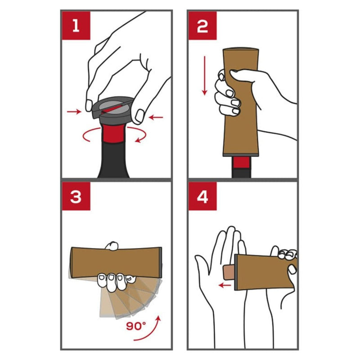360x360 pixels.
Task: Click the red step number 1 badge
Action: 76,26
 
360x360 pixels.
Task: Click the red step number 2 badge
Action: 202,26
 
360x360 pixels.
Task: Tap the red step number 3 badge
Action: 76,196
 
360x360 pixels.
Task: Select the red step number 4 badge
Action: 202,196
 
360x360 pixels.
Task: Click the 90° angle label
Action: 136,326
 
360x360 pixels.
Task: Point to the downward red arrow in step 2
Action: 204,76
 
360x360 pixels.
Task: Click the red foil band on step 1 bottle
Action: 113,134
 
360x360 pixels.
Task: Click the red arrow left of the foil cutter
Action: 74,112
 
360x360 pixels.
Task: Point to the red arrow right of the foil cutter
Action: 156,117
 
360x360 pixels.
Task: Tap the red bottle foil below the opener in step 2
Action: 241,162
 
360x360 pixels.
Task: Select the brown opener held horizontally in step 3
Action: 116,262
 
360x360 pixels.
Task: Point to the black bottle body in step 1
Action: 114,160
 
